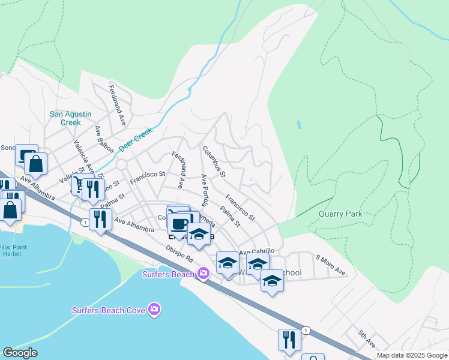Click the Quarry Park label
tap(340, 214)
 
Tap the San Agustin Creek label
tap(65, 118)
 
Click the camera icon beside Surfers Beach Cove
tap(155, 310)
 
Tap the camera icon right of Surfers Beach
tap(203, 274)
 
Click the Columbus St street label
tap(214, 162)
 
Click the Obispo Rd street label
tap(180, 254)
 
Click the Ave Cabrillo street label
tap(257, 251)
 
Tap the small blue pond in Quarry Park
tap(299, 125)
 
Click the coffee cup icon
tap(178, 224)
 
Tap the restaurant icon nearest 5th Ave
tap(289, 340)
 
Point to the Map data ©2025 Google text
tap(411, 355)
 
